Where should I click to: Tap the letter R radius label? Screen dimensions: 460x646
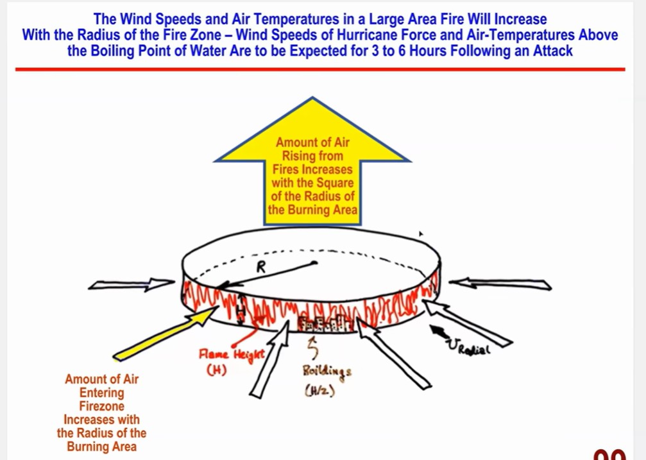tap(260, 268)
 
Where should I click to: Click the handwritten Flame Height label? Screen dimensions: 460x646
tap(223, 355)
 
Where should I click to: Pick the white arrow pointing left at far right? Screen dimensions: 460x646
tap(500, 284)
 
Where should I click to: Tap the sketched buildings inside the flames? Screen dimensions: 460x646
tap(328, 323)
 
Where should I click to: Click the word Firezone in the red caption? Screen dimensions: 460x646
tap(101, 405)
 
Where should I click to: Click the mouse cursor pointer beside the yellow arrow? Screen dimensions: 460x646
tap(421, 235)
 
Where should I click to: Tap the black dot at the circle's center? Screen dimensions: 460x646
tap(314, 262)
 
